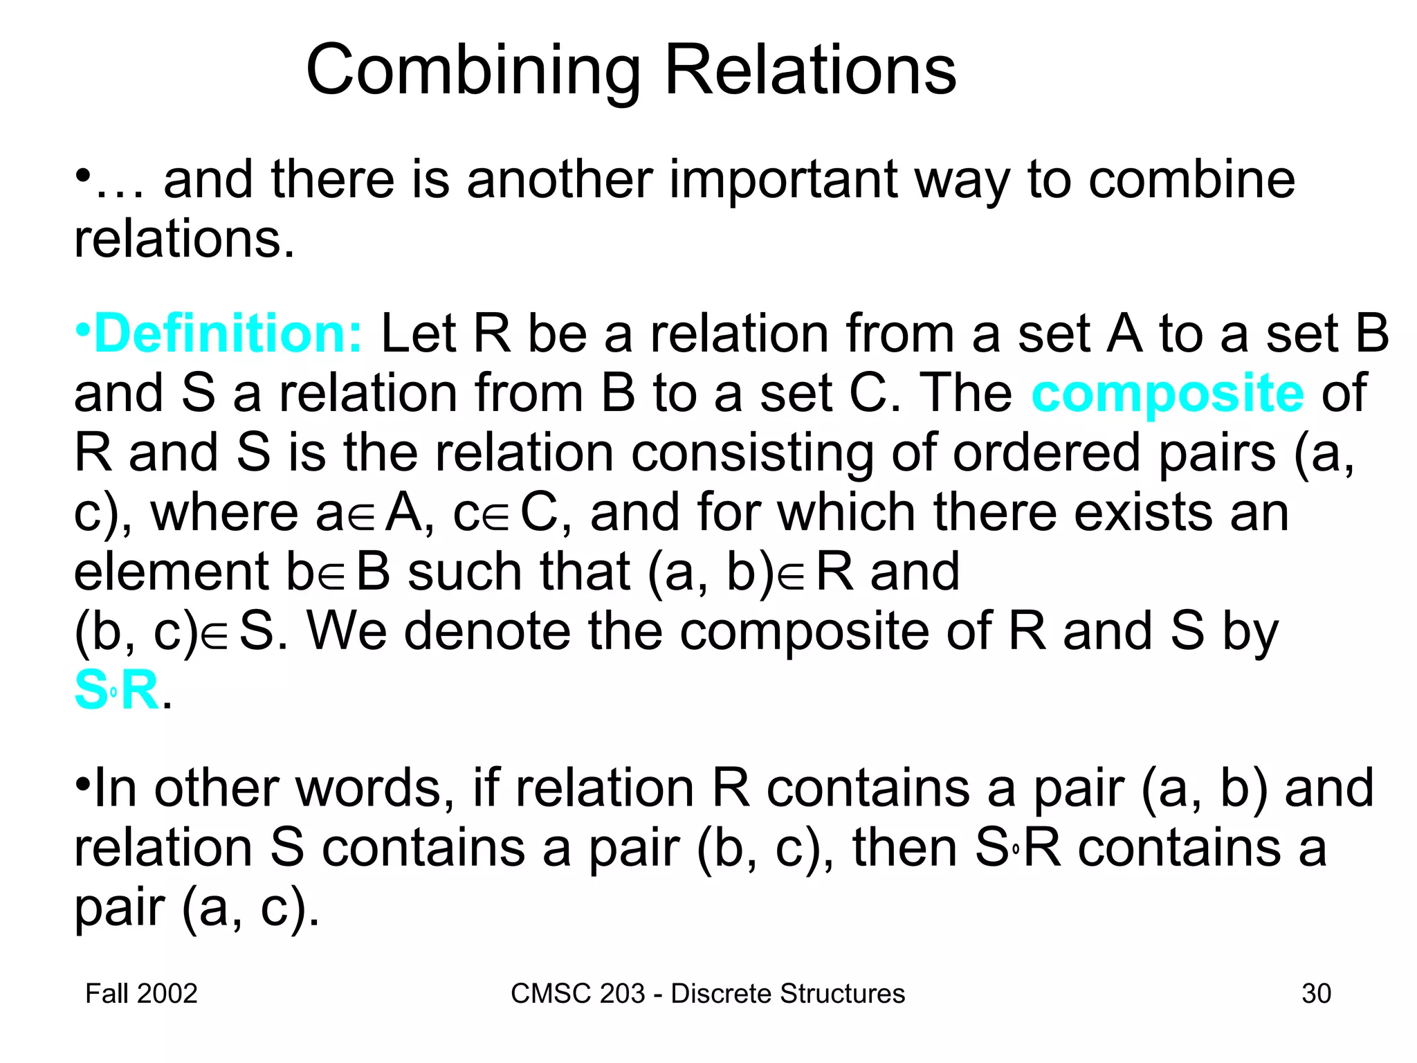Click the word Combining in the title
(473, 71)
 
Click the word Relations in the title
(810, 70)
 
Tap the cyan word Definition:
(228, 334)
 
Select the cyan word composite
(1167, 393)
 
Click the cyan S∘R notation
(117, 690)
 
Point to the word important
(783, 179)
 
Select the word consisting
(752, 453)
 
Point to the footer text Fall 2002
(141, 994)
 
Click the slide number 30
(1316, 994)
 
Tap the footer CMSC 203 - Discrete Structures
(707, 994)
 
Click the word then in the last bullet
(904, 848)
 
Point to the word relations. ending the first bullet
(184, 239)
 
